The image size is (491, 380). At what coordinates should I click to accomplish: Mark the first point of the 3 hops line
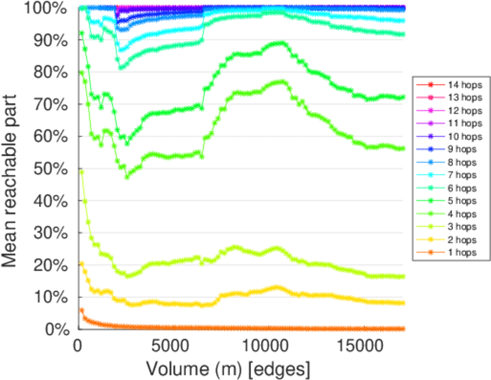pos(81,172)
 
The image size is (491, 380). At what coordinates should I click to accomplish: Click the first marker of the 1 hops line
pos(81,310)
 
